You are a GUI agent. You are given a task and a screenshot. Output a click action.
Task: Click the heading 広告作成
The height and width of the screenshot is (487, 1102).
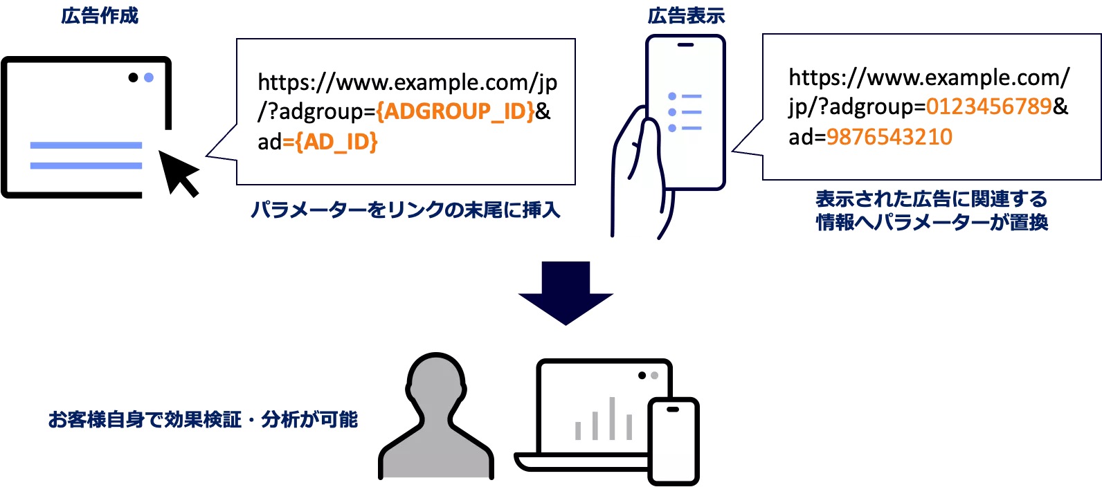(100, 15)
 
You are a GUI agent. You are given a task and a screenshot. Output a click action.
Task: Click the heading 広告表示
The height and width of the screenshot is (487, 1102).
(686, 15)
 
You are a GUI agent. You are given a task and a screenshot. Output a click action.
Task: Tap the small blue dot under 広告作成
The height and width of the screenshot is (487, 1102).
(149, 77)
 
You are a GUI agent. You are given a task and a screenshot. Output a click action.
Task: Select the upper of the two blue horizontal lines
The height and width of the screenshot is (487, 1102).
(86, 145)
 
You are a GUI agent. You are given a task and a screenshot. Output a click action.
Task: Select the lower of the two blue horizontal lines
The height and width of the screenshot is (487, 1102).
(86, 165)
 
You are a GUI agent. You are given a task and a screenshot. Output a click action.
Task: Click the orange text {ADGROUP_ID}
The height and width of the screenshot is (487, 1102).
(455, 111)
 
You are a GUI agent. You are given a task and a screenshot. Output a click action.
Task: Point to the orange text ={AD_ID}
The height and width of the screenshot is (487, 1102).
(330, 142)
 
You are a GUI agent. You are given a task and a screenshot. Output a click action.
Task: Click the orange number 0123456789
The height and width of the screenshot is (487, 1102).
(988, 106)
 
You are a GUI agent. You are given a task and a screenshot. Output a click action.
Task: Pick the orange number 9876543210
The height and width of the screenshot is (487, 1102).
(889, 136)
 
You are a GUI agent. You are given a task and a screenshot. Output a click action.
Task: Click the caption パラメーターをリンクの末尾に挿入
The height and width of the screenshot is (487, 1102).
(405, 210)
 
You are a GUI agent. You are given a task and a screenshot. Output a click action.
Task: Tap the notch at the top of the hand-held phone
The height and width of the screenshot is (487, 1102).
(685, 45)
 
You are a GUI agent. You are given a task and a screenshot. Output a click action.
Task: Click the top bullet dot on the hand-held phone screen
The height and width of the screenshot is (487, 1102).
(672, 96)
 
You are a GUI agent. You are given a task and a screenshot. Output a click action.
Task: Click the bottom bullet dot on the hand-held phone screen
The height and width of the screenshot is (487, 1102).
(672, 128)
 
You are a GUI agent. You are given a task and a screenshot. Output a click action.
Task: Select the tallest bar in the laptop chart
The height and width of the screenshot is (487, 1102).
(612, 418)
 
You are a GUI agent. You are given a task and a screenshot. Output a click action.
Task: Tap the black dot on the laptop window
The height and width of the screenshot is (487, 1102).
(642, 376)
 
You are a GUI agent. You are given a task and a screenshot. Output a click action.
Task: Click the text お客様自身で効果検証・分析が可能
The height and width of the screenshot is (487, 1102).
(203, 419)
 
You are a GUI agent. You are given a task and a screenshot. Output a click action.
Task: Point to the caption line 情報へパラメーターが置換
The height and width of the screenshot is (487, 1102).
(932, 222)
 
